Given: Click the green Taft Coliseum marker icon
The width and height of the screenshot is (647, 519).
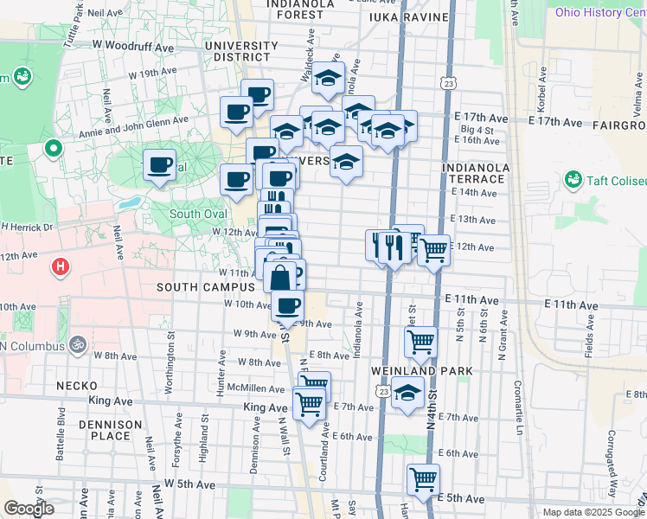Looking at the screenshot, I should click(x=572, y=180).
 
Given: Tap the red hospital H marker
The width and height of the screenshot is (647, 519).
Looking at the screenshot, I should click(x=61, y=266).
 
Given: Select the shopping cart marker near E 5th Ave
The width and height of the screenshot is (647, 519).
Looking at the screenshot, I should click(x=423, y=479).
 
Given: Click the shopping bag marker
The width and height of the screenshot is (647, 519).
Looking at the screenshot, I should click(x=280, y=279).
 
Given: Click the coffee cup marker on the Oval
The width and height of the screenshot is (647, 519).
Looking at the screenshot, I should click(x=158, y=164).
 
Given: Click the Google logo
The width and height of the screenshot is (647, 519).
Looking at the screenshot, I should click(x=29, y=509).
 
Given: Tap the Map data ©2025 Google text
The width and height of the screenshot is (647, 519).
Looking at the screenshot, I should click(x=593, y=512).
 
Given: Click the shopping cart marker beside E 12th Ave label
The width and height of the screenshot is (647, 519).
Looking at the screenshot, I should click(x=433, y=251).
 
